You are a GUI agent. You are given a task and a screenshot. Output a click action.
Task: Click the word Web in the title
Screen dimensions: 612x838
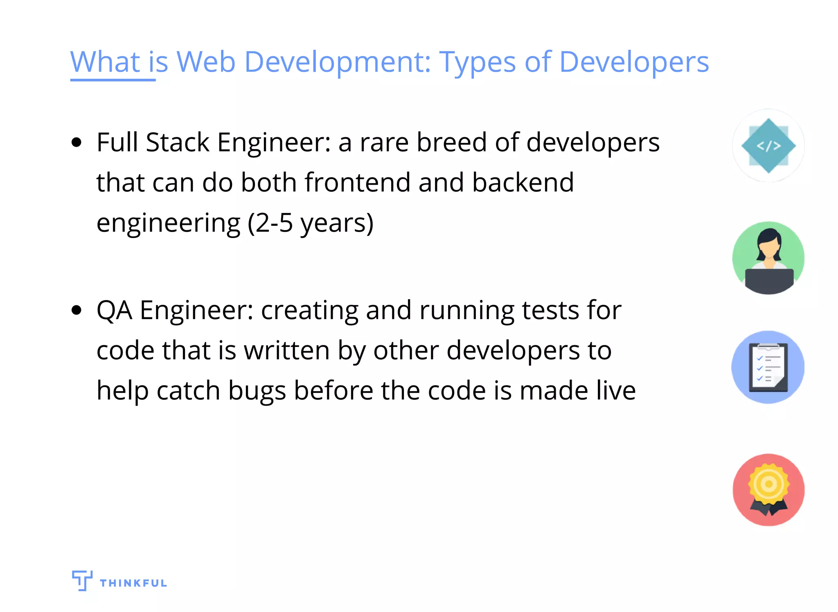(x=206, y=62)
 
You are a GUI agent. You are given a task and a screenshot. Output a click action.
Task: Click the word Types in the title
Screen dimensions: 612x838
(x=477, y=63)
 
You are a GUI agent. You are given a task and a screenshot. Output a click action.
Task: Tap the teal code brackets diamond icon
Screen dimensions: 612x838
(x=768, y=145)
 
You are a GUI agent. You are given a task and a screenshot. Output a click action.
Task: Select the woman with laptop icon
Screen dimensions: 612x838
(x=768, y=258)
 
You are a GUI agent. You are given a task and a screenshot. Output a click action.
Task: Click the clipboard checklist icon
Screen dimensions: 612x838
(x=768, y=367)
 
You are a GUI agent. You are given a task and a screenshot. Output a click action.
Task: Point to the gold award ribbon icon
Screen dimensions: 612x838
(x=768, y=490)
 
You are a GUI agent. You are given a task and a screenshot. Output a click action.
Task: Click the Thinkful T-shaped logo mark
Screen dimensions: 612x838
(x=82, y=580)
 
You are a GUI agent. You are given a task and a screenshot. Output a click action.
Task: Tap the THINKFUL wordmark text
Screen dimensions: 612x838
(x=133, y=583)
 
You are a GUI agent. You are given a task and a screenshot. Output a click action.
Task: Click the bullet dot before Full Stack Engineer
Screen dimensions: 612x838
(x=77, y=143)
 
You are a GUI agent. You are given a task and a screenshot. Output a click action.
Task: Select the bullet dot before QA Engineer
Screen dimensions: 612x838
(x=77, y=310)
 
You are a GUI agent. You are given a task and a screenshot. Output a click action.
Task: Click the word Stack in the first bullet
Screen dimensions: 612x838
(x=178, y=143)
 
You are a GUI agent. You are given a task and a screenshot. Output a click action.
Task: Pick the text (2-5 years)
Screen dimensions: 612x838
(x=311, y=223)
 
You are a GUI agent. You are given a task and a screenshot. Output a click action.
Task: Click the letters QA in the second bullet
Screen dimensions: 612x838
(x=114, y=310)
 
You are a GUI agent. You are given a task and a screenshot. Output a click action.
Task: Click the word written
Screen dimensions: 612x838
(x=287, y=351)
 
